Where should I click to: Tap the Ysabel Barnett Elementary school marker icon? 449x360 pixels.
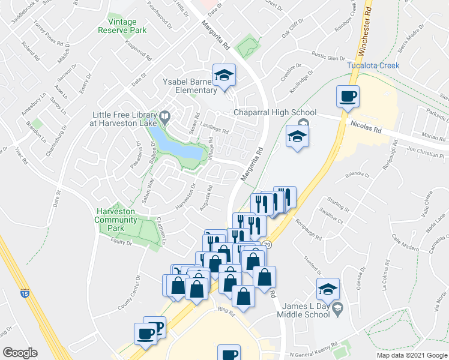pos(225,76)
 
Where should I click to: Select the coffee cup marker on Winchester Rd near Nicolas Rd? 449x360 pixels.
pos(348,97)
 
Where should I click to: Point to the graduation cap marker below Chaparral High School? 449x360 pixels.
pos(297,137)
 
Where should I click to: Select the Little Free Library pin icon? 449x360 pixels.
pos(165,116)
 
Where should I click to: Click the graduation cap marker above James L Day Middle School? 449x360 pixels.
pos(328,290)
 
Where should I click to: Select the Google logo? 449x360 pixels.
pos(20,353)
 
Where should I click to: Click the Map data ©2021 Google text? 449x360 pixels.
pos(411,355)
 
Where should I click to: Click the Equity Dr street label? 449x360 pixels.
pos(121,242)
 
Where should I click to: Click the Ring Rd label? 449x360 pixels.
pos(226,311)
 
